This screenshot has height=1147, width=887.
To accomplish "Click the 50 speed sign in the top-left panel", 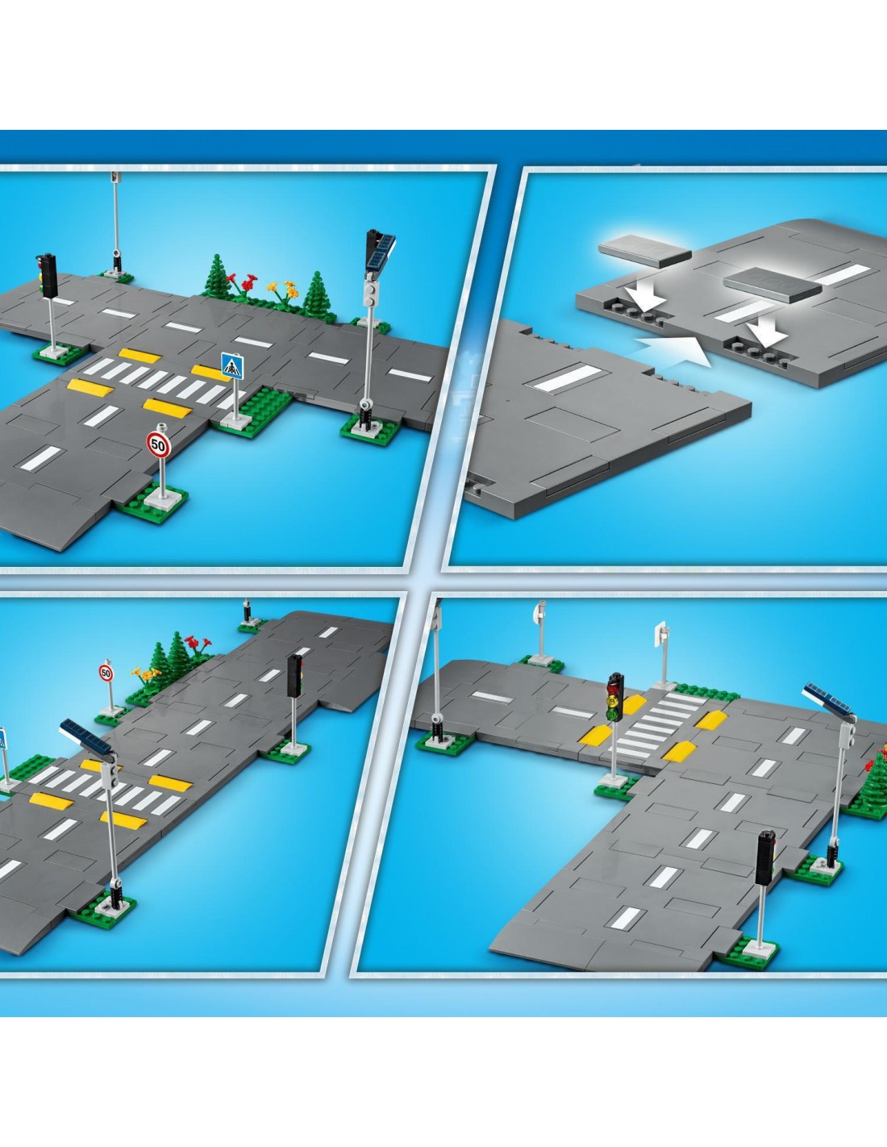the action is click(x=158, y=444).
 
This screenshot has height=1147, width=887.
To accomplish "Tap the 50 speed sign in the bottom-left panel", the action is click(x=106, y=673).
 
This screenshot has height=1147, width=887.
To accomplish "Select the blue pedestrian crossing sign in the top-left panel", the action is click(x=232, y=366).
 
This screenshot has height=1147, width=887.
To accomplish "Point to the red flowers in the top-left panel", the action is click(x=242, y=283).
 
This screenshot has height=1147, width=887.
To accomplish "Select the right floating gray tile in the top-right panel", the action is click(x=772, y=285).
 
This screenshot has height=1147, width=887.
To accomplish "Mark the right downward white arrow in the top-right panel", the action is click(x=765, y=331).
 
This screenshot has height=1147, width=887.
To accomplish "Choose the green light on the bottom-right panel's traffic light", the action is click(x=613, y=715).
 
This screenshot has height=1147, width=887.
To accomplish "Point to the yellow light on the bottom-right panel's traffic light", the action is click(x=614, y=701).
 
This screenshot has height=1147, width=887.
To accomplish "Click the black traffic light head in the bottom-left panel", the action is click(x=294, y=676).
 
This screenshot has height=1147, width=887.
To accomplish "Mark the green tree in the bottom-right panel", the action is click(x=876, y=782).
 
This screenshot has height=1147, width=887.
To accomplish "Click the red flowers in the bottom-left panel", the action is click(x=198, y=644).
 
